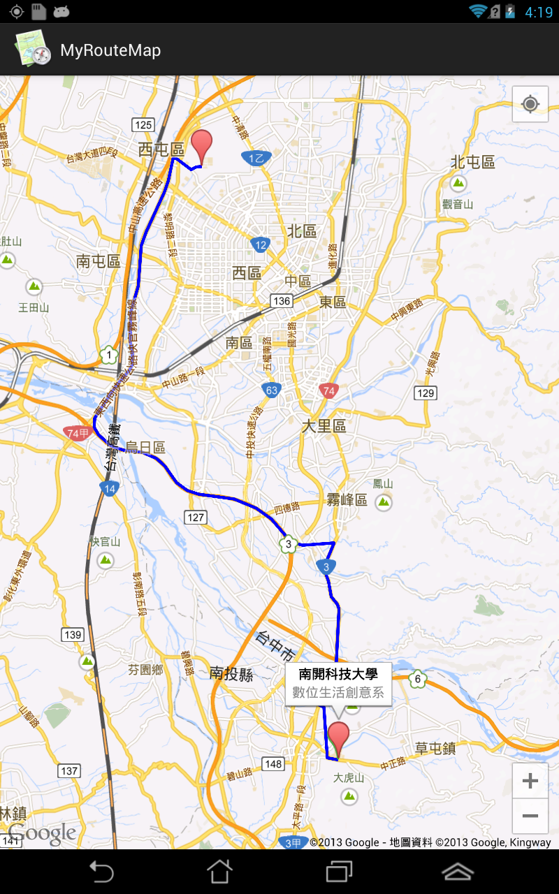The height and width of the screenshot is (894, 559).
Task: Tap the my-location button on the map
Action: (x=530, y=105)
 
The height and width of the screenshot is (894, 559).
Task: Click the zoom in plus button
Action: (x=530, y=781)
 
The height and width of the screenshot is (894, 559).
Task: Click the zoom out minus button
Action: (x=530, y=816)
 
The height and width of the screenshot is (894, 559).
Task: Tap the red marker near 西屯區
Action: (x=202, y=145)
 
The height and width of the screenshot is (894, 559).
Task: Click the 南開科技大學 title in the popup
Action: (x=338, y=674)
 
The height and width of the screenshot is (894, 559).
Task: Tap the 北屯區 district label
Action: (x=473, y=162)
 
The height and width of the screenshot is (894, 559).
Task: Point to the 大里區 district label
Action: (x=324, y=425)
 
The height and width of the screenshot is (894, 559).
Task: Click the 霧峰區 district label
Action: (x=347, y=499)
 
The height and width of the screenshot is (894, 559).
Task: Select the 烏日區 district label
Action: (x=145, y=448)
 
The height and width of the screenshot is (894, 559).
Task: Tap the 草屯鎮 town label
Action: (x=435, y=748)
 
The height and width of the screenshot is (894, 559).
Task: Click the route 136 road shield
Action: (x=282, y=300)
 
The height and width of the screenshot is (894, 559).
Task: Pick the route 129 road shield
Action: (x=426, y=393)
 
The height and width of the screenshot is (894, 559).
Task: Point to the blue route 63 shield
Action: (x=272, y=389)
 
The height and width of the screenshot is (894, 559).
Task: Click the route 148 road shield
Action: (x=273, y=763)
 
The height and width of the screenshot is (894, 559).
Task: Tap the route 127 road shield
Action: (x=196, y=517)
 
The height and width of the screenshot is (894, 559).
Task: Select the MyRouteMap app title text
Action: (x=110, y=50)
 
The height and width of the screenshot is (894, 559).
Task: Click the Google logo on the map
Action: (x=42, y=833)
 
